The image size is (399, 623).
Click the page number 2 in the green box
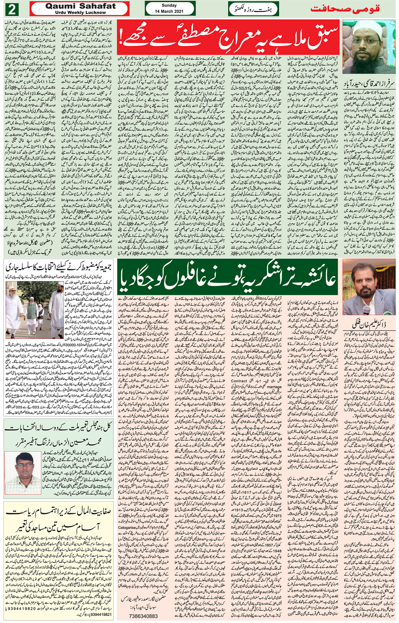(x=12, y=9)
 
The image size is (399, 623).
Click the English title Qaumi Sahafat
(x=80, y=6)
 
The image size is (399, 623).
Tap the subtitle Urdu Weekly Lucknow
(x=80, y=13)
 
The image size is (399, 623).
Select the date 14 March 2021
(x=169, y=11)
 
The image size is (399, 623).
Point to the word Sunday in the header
(x=169, y=5)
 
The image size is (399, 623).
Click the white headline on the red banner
(x=228, y=35)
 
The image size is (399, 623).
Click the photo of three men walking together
(x=33, y=310)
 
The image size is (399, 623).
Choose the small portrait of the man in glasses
(x=23, y=473)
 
